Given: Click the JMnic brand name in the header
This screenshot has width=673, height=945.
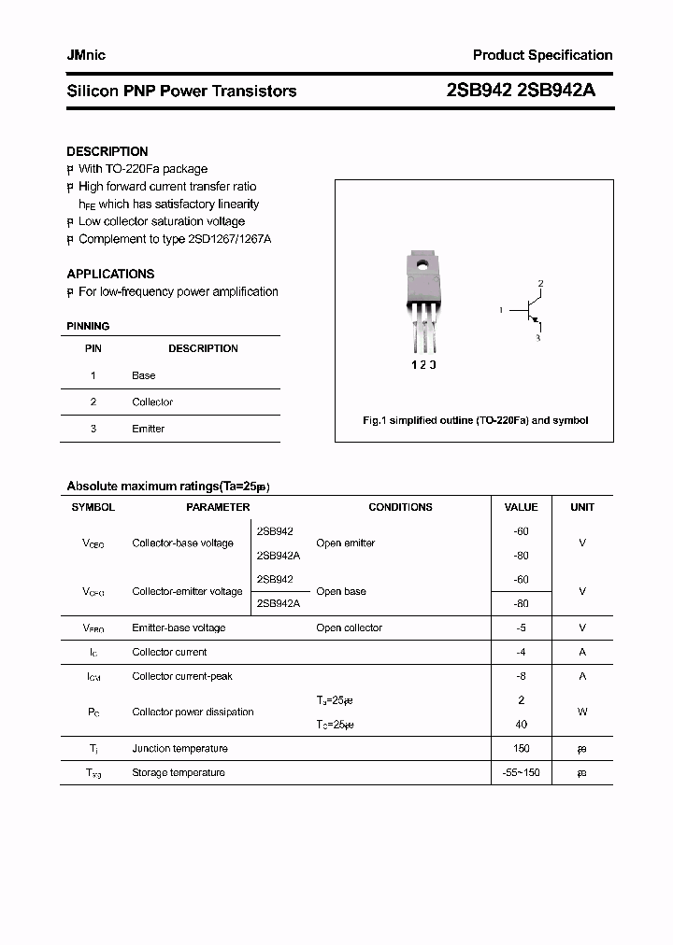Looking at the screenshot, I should (x=86, y=55).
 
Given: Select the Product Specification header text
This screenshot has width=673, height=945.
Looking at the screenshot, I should (x=542, y=55).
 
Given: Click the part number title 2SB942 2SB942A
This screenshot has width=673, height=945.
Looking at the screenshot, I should (x=522, y=91).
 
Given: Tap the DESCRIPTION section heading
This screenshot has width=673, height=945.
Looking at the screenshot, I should (x=107, y=151).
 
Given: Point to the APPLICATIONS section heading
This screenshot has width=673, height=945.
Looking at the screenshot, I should (x=110, y=274).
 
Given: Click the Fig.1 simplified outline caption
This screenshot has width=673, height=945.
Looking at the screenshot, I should (x=475, y=420).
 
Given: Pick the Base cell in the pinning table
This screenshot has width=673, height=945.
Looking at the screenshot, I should (x=144, y=375).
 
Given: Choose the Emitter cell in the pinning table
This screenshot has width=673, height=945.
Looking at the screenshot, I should (x=148, y=429).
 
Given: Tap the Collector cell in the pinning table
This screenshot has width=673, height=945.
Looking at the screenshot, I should (x=152, y=402).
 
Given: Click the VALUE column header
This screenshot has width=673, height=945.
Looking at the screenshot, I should (x=521, y=507).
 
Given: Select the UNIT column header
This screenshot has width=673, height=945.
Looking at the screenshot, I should (x=582, y=507).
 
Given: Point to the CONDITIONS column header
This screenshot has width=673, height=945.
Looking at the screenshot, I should (x=400, y=507).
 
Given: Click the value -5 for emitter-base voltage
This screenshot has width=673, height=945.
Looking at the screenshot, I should (x=521, y=628).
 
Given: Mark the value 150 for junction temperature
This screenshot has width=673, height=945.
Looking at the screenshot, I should (x=521, y=748).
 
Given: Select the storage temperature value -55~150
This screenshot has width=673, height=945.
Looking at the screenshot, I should (x=521, y=772).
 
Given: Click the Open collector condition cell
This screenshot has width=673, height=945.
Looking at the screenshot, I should (x=349, y=628).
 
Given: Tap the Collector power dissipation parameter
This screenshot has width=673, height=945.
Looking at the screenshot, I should (x=193, y=712).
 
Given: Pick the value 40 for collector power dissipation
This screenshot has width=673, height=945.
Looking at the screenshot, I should (x=521, y=724).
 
